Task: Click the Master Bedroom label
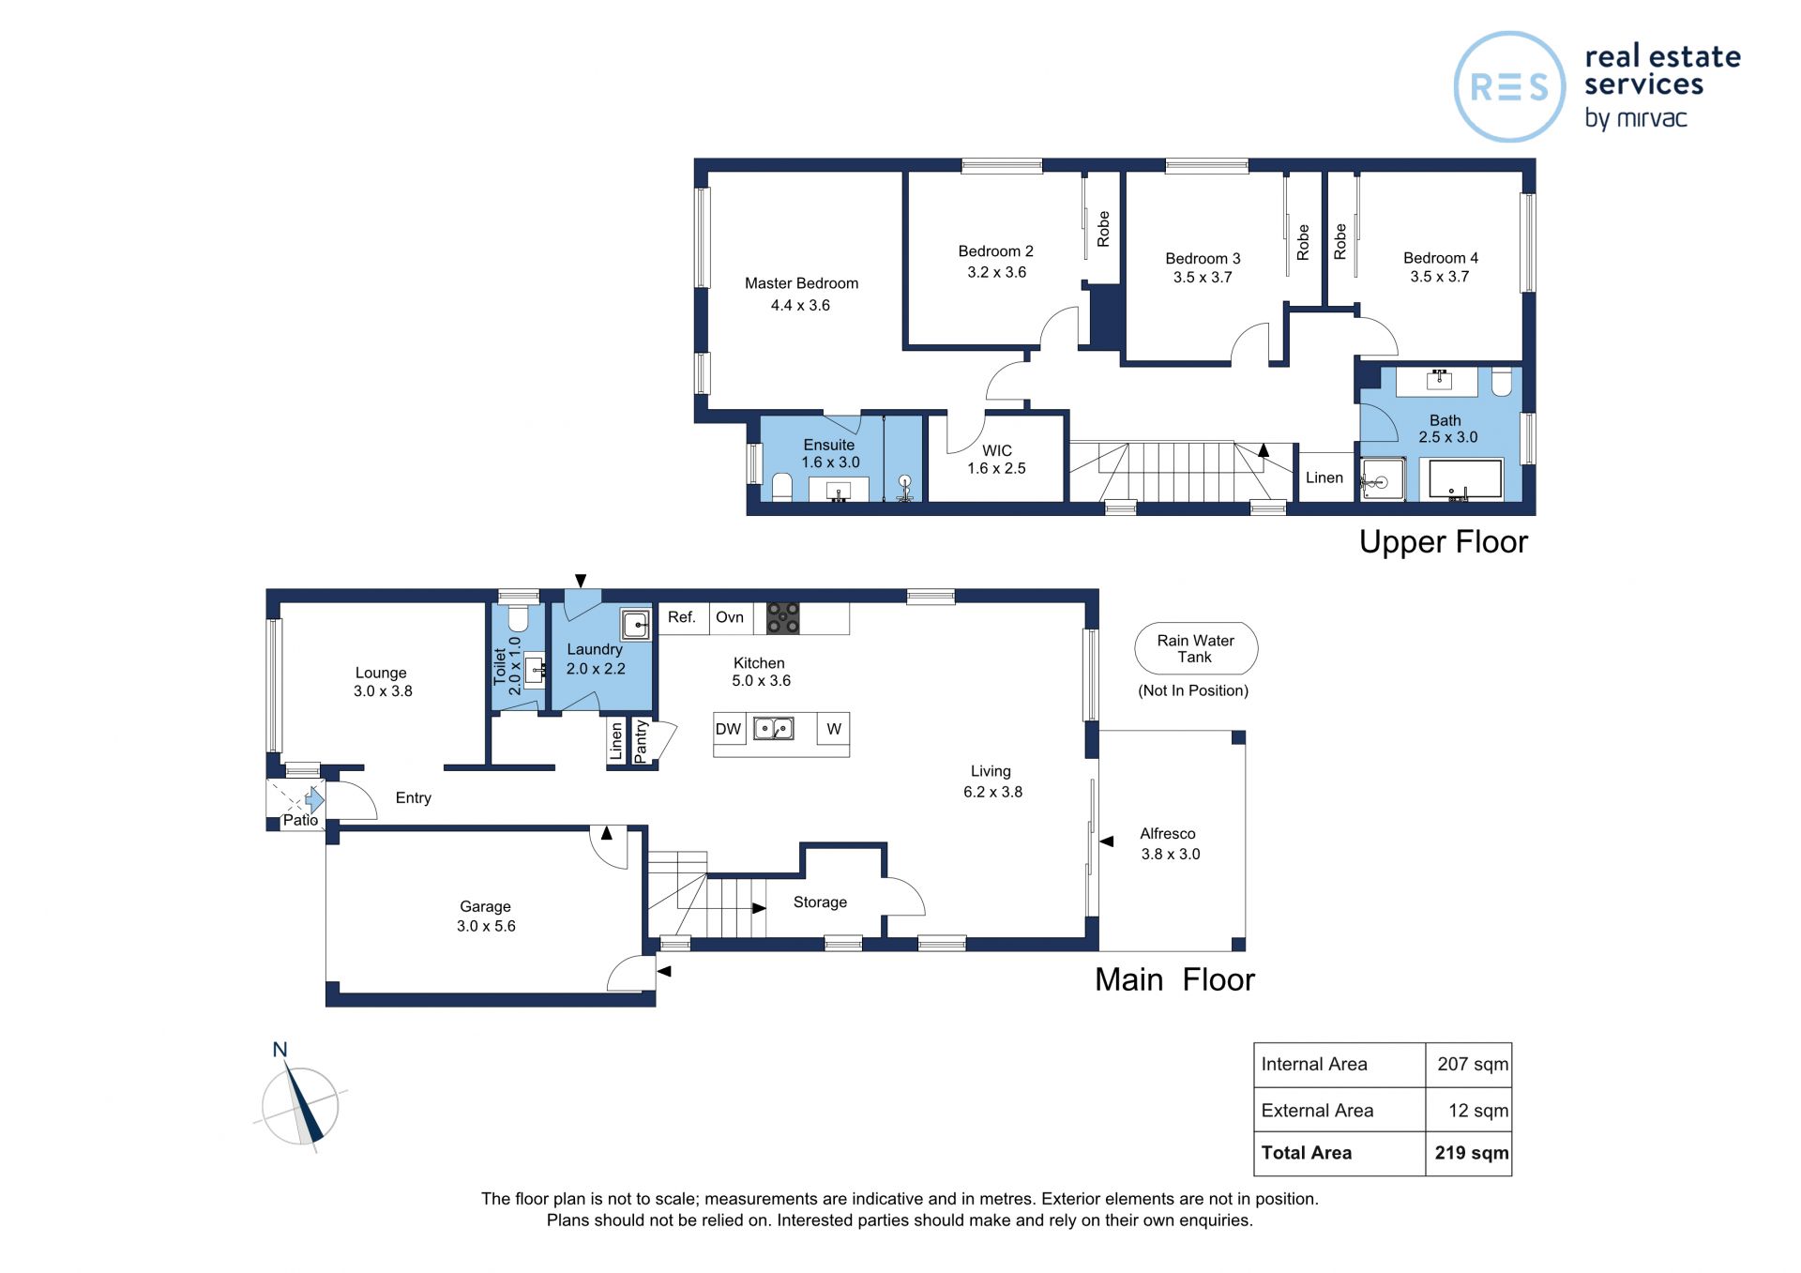801,283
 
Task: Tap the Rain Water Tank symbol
1196,648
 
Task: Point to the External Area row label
1317,1111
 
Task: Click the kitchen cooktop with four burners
783,618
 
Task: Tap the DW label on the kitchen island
728,729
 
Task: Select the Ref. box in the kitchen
683,618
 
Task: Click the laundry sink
636,624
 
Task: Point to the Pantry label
641,741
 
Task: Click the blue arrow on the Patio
314,800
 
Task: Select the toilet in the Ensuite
782,487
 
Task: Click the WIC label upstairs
997,450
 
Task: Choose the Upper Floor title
1443,542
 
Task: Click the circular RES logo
1509,87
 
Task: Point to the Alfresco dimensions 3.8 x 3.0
1171,854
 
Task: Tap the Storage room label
820,902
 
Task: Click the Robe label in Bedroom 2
1103,229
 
